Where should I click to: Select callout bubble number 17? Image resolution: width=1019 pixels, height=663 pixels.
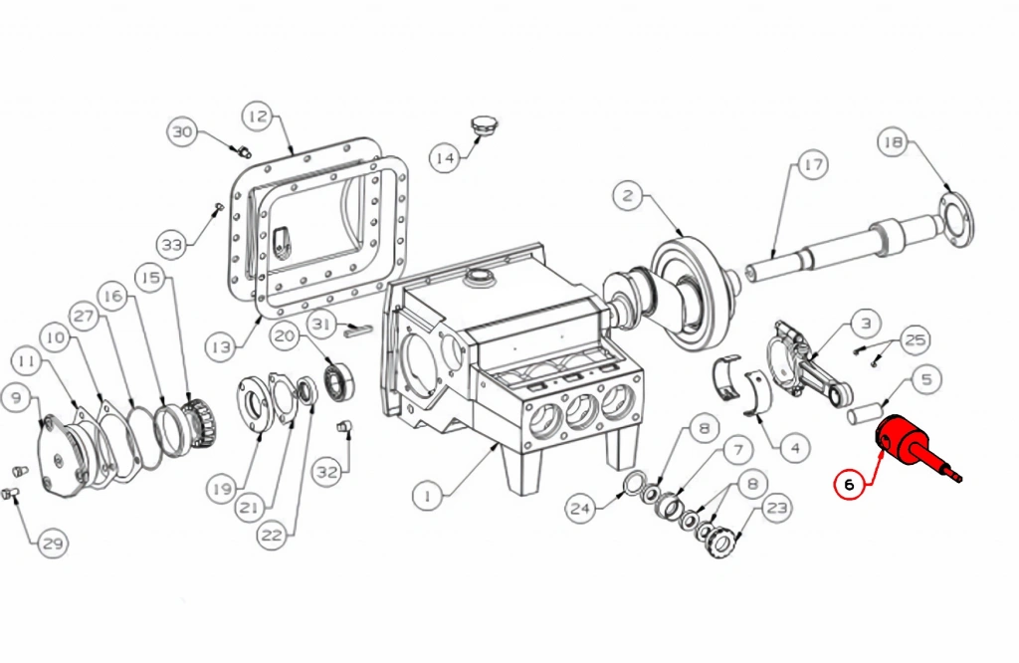coord(812,165)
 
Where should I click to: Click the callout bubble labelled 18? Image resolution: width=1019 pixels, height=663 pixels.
coord(893,142)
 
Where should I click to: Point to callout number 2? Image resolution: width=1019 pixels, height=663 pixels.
coord(628,196)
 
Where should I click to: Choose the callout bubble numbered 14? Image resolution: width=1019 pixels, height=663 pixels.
coord(445,158)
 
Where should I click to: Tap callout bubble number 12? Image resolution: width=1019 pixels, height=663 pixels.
coord(258,116)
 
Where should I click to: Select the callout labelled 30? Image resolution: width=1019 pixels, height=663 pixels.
coord(183,132)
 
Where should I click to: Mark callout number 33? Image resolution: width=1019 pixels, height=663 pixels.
coord(172,245)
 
